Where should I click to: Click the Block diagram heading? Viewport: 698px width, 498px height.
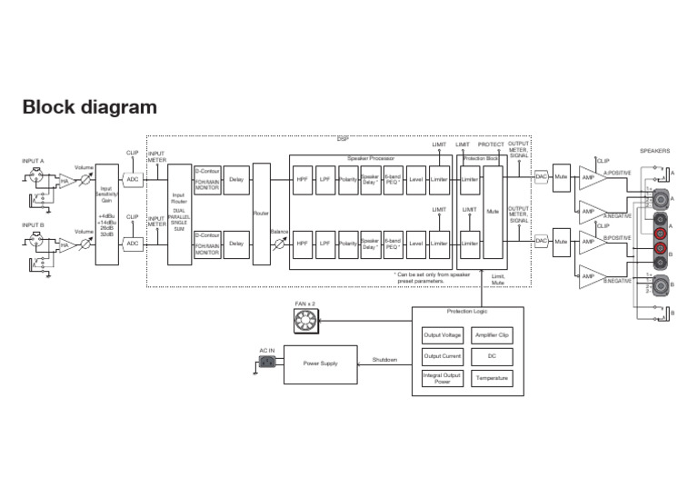[x=89, y=107]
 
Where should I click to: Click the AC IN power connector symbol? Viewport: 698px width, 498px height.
[x=267, y=363]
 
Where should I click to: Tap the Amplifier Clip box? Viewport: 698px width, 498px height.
[x=492, y=335]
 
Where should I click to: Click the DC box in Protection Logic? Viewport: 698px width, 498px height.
[x=492, y=356]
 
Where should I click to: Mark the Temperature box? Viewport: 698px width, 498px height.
[x=492, y=378]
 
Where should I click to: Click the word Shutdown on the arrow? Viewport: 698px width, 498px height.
[x=384, y=360]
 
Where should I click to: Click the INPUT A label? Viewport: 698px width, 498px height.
[x=33, y=161]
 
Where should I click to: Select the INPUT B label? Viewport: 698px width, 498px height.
[x=33, y=224]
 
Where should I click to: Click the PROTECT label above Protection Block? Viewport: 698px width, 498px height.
[x=491, y=144]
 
